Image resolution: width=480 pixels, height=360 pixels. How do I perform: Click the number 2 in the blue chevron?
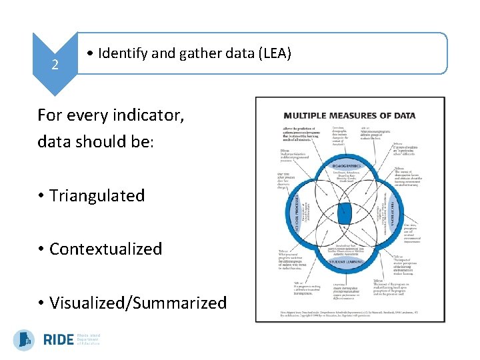click(55, 65)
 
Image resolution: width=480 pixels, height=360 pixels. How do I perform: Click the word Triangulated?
click(97, 195)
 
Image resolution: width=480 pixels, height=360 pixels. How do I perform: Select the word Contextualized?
click(105, 249)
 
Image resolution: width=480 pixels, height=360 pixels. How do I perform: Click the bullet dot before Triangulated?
click(41, 196)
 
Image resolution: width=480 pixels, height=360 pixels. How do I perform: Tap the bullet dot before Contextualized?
click(41, 249)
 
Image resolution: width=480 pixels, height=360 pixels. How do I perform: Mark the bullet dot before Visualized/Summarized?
click(41, 303)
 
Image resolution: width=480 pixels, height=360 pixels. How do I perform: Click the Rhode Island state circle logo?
click(25, 340)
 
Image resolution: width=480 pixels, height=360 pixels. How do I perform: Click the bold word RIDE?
click(58, 340)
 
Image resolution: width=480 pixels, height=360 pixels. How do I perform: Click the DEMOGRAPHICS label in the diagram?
click(346, 166)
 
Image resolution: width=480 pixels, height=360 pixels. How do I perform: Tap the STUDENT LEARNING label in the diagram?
click(345, 262)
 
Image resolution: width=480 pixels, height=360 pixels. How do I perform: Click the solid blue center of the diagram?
click(345, 213)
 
